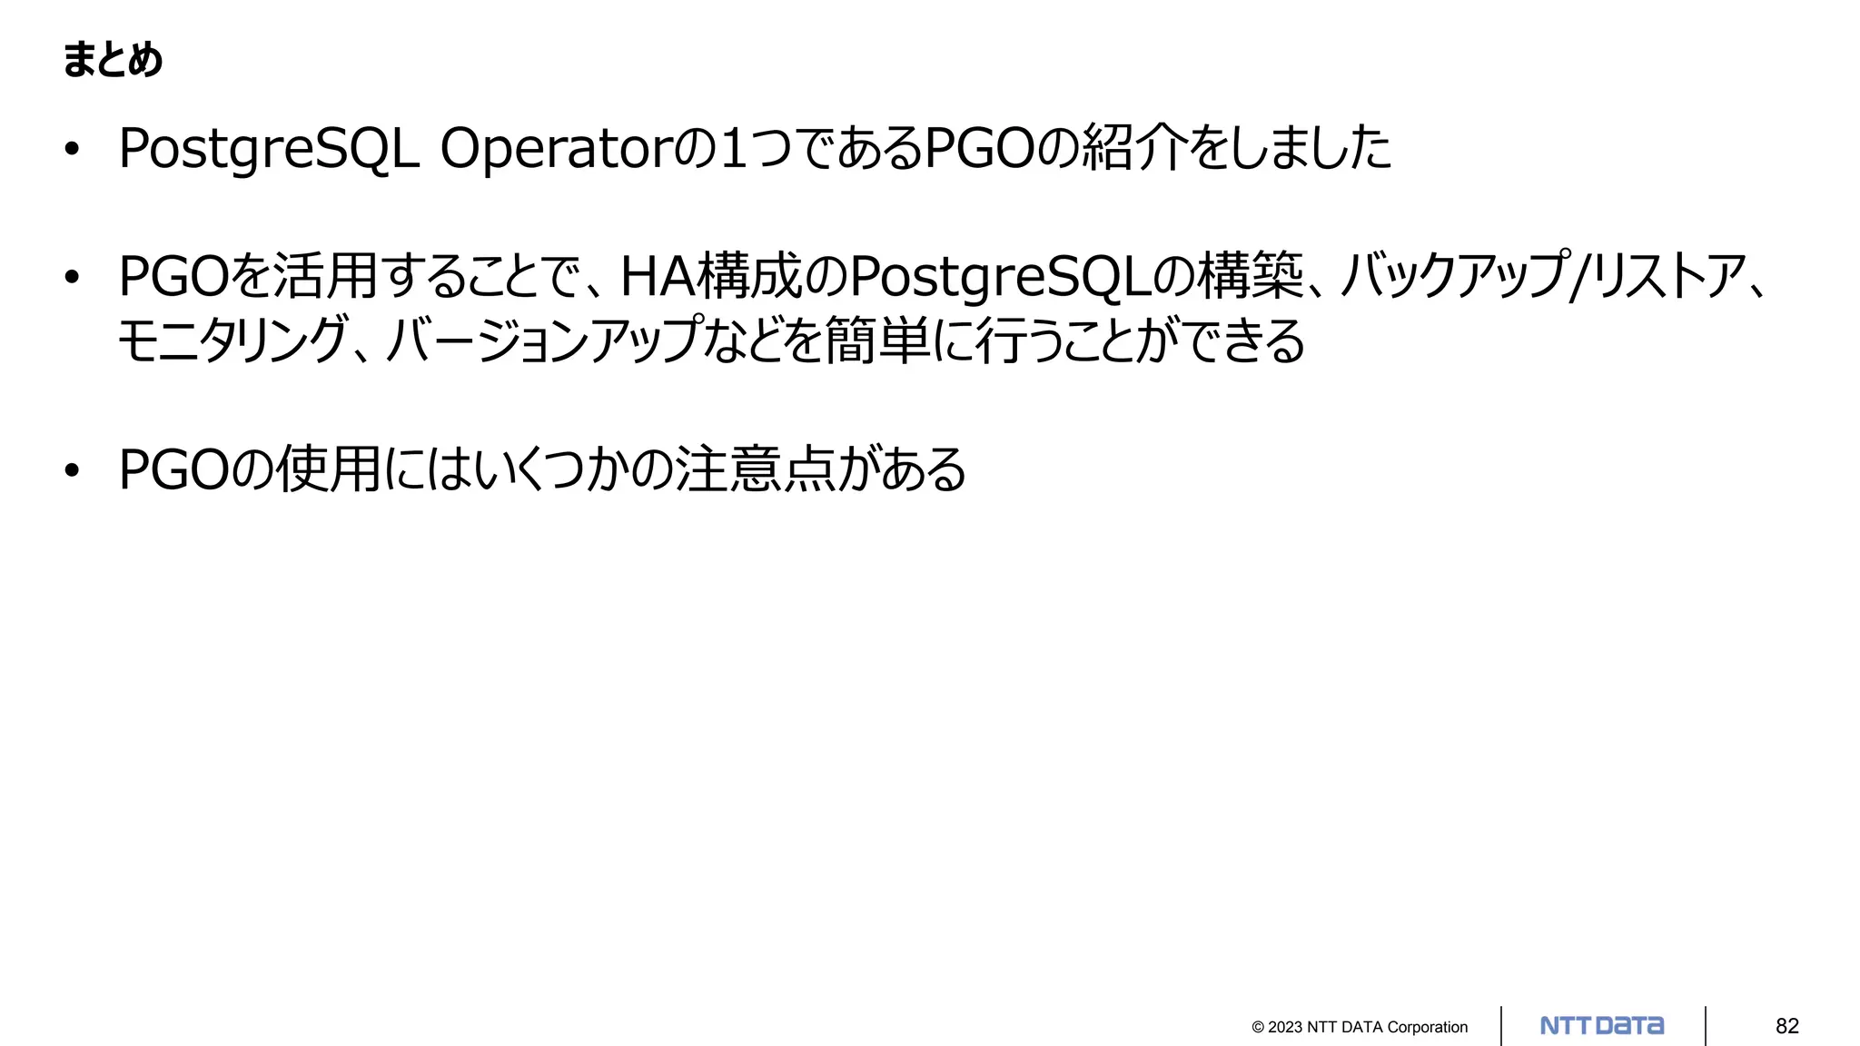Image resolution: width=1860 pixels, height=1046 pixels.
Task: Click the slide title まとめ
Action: (x=113, y=60)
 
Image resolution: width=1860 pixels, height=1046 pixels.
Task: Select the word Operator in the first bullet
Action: (x=558, y=149)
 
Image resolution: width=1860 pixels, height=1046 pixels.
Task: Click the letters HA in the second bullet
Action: (x=657, y=277)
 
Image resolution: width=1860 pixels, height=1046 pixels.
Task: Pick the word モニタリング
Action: (x=232, y=340)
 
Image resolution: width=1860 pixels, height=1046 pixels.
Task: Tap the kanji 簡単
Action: (x=877, y=340)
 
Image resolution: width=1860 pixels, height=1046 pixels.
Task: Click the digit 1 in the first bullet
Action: (x=733, y=149)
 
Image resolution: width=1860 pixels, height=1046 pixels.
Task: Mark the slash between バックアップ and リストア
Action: (x=1579, y=276)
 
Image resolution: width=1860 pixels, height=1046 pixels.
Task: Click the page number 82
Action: (x=1786, y=1026)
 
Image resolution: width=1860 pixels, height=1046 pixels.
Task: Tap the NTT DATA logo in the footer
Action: (x=1602, y=1026)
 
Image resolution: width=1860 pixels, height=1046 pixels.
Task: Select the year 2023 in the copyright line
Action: (x=1285, y=1027)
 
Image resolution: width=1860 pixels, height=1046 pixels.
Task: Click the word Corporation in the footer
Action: (x=1427, y=1027)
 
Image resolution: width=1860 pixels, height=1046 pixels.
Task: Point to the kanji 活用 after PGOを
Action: (x=325, y=276)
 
